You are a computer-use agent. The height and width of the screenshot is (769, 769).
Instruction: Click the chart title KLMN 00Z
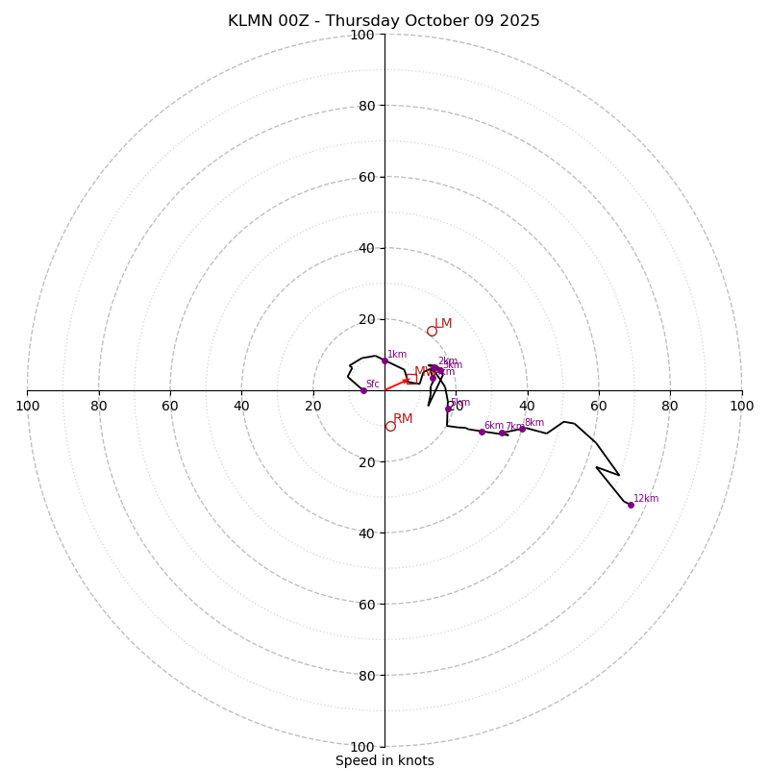tap(384, 21)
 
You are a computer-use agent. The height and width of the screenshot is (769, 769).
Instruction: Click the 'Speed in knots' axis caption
tap(384, 760)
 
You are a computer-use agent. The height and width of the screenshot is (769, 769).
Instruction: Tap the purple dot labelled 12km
tap(631, 505)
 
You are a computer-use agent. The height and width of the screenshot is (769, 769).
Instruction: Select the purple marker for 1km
tap(384, 360)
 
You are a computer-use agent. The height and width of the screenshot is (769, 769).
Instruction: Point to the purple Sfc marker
tap(363, 390)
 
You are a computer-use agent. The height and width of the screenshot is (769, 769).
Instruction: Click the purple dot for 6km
tap(482, 432)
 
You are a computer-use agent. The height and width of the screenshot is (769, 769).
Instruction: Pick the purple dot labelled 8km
tap(522, 429)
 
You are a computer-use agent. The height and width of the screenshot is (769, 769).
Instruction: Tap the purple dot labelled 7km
tap(502, 433)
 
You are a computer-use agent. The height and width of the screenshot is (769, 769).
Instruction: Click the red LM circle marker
tap(432, 331)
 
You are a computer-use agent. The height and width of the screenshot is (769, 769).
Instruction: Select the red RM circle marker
tap(390, 426)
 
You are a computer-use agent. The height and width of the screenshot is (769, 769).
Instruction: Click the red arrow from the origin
tap(397, 384)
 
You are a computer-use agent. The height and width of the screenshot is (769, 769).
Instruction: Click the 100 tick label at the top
tap(362, 35)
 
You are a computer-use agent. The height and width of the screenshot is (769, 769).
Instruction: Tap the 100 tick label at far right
tap(741, 406)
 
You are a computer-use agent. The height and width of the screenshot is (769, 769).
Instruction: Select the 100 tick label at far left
tap(27, 406)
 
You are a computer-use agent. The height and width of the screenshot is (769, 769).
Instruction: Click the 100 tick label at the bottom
tap(362, 746)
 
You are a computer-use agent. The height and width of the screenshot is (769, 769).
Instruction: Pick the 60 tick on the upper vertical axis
tap(366, 177)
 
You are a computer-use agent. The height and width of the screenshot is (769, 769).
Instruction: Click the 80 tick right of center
tap(670, 406)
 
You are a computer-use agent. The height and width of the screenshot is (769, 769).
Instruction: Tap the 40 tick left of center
tap(241, 406)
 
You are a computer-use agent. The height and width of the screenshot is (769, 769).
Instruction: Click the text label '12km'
tap(646, 499)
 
